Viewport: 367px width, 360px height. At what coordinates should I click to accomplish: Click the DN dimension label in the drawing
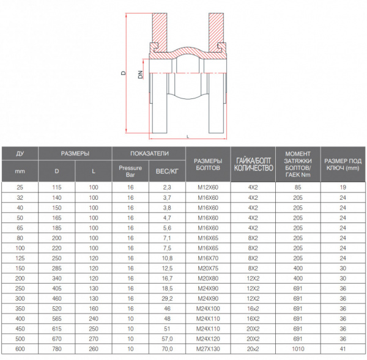(x=140, y=75)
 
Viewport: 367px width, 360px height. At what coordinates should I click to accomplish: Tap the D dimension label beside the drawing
(x=122, y=73)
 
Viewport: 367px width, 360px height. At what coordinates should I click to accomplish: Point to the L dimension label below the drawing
(x=187, y=136)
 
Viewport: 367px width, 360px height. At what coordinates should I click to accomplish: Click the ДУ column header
(x=20, y=153)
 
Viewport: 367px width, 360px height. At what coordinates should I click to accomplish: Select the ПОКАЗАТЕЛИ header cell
(x=149, y=153)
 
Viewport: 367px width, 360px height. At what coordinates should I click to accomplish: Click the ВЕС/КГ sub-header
(x=168, y=172)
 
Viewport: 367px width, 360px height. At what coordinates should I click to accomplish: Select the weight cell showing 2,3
(x=168, y=188)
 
